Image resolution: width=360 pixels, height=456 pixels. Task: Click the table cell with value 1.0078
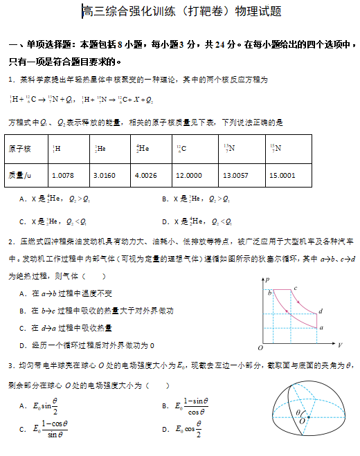tap(62, 176)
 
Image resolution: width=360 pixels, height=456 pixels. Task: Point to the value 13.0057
tap(235, 176)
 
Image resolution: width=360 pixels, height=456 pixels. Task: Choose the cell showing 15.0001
tap(282, 176)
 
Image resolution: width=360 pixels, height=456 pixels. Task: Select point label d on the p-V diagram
tap(321, 310)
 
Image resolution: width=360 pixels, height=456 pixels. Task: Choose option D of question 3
tap(165, 430)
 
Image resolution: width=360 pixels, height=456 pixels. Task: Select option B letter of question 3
tap(165, 405)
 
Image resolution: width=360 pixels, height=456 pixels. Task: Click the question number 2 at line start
tap(10, 241)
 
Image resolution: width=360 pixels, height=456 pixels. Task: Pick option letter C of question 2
tap(24, 327)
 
